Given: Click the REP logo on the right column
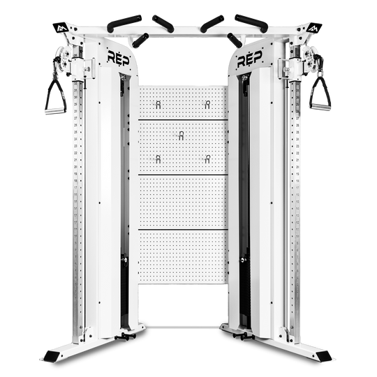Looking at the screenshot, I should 250,59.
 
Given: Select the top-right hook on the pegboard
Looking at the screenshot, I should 208,104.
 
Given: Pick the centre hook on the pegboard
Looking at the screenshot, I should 182,135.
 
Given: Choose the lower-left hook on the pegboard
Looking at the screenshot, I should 158,159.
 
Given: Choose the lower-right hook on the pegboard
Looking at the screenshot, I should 208,159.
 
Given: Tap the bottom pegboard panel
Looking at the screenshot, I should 183,256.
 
